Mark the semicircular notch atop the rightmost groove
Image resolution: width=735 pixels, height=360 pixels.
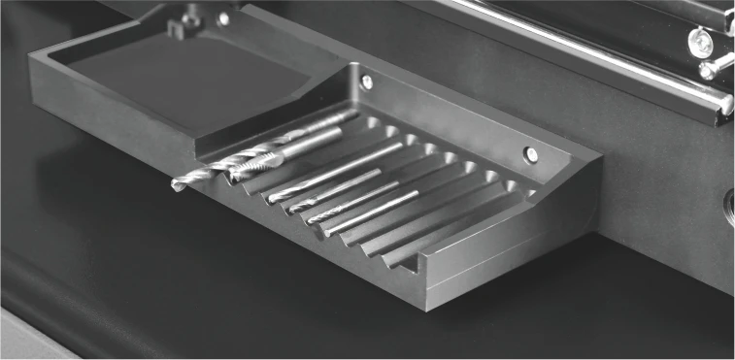click(512, 184)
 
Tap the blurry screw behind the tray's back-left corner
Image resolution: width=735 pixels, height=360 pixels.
click(223, 17)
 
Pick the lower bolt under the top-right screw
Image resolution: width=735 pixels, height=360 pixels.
click(706, 70)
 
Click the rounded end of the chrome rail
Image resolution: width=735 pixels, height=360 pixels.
click(724, 105)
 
